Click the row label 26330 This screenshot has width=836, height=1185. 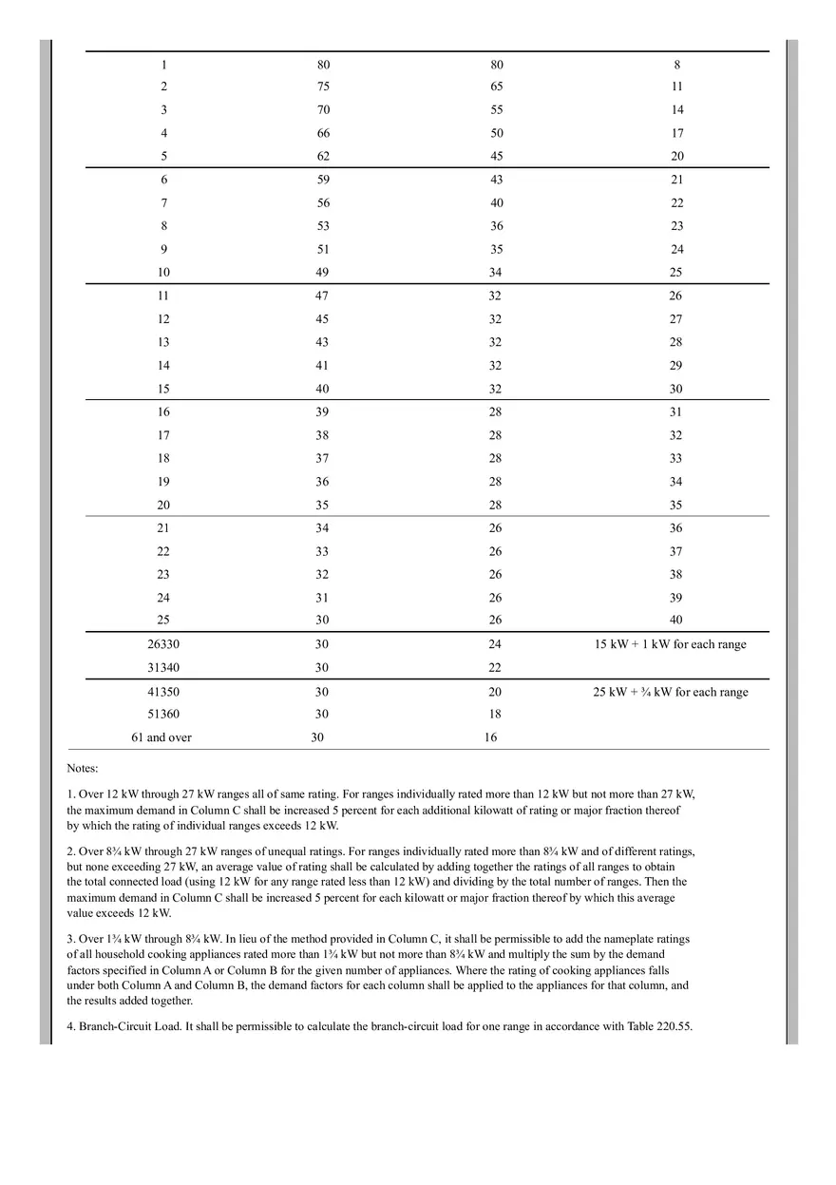point(163,644)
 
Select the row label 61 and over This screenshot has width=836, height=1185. point(161,737)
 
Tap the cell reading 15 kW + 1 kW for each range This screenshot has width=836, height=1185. point(670,644)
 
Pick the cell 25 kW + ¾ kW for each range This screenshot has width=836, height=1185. point(670,692)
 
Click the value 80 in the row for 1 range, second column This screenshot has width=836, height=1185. point(323,66)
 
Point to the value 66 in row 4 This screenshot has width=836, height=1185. point(323,133)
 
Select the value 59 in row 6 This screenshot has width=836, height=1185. point(323,180)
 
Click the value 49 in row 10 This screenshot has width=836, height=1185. point(323,273)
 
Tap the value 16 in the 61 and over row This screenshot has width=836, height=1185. point(490,737)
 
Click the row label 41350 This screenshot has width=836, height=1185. point(163,692)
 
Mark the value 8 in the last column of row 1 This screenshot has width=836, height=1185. point(676,66)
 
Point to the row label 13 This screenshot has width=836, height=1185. point(163,342)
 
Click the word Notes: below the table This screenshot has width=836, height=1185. point(83,768)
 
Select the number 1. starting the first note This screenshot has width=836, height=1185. point(71,793)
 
